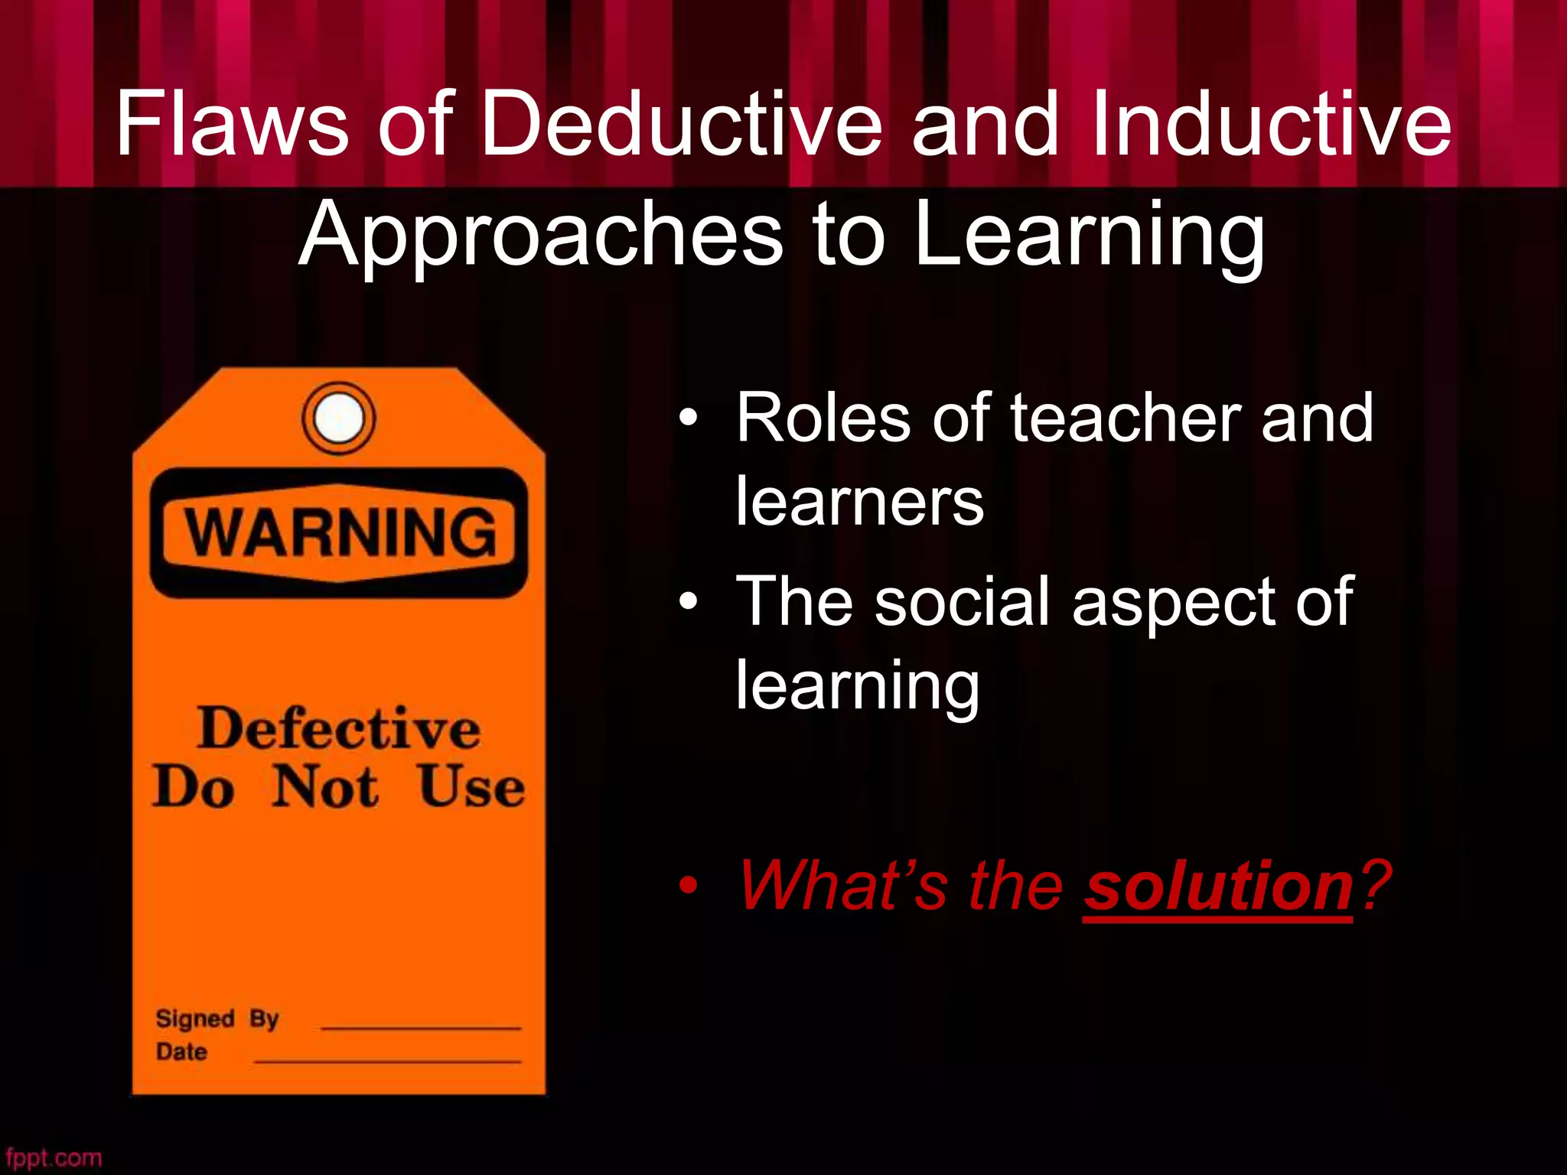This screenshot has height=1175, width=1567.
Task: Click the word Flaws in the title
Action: tap(232, 124)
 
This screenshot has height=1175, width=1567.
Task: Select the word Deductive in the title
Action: tap(680, 124)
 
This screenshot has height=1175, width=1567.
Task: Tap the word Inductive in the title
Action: tap(1270, 124)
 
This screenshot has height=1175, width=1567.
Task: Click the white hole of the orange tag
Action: tap(339, 418)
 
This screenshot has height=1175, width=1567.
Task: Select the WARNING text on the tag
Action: tap(340, 532)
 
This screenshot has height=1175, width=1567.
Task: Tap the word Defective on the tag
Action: tap(339, 728)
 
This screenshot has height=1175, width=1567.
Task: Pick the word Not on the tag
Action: tap(325, 787)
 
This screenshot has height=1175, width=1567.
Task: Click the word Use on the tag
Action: tap(471, 787)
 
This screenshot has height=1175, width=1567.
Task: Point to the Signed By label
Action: tap(217, 1019)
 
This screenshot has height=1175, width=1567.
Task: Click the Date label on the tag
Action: tap(181, 1052)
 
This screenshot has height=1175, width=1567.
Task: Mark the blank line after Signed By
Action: tap(421, 1027)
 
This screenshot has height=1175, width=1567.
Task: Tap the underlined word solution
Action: tap(1218, 886)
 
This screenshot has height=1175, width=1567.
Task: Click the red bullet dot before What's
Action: tap(688, 886)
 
